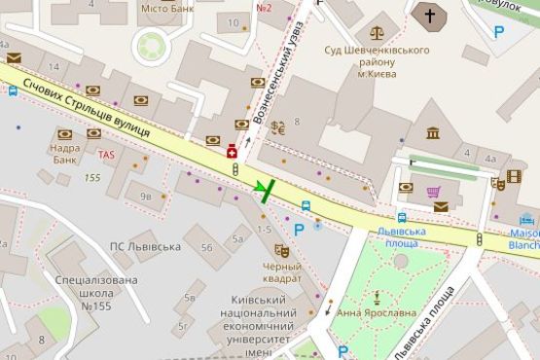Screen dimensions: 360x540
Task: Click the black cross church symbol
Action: click(429, 15)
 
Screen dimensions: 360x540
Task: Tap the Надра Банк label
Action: click(65, 154)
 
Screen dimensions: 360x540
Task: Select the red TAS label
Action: click(106, 155)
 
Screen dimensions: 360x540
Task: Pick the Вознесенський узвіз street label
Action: click(297, 73)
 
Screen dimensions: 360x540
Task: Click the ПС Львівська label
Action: click(145, 247)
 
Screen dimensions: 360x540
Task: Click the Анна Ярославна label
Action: click(375, 314)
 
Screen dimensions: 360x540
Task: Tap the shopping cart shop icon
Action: click(434, 191)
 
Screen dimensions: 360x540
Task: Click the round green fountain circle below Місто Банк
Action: click(153, 45)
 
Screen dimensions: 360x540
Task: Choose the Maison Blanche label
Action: click(523, 238)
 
